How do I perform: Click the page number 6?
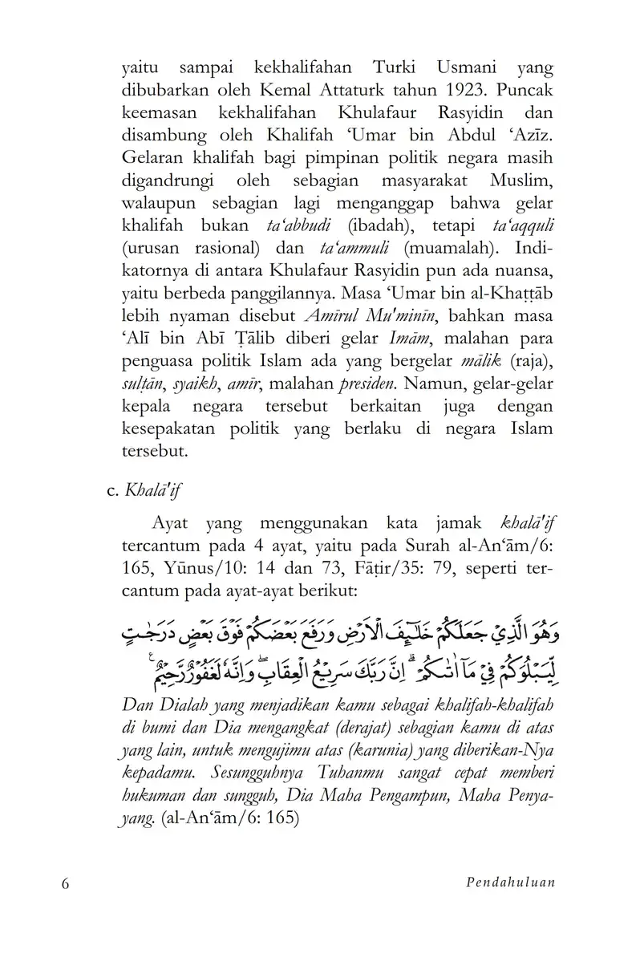[x=66, y=883]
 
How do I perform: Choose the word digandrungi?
[x=166, y=177]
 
